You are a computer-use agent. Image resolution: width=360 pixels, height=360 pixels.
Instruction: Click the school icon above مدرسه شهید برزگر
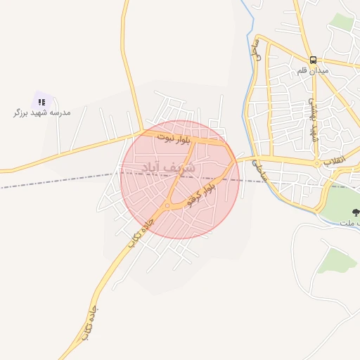(42, 102)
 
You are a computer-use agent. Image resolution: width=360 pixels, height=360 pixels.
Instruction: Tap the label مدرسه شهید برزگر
(42, 112)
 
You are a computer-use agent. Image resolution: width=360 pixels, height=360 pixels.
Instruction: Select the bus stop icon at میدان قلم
(313, 60)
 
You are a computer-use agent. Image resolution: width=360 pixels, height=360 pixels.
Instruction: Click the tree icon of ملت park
(355, 212)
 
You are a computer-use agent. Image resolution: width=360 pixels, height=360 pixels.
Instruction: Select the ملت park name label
(349, 222)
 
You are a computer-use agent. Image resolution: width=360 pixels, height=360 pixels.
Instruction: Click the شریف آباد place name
(161, 168)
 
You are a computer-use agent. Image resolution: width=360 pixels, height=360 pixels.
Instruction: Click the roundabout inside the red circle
(167, 206)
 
